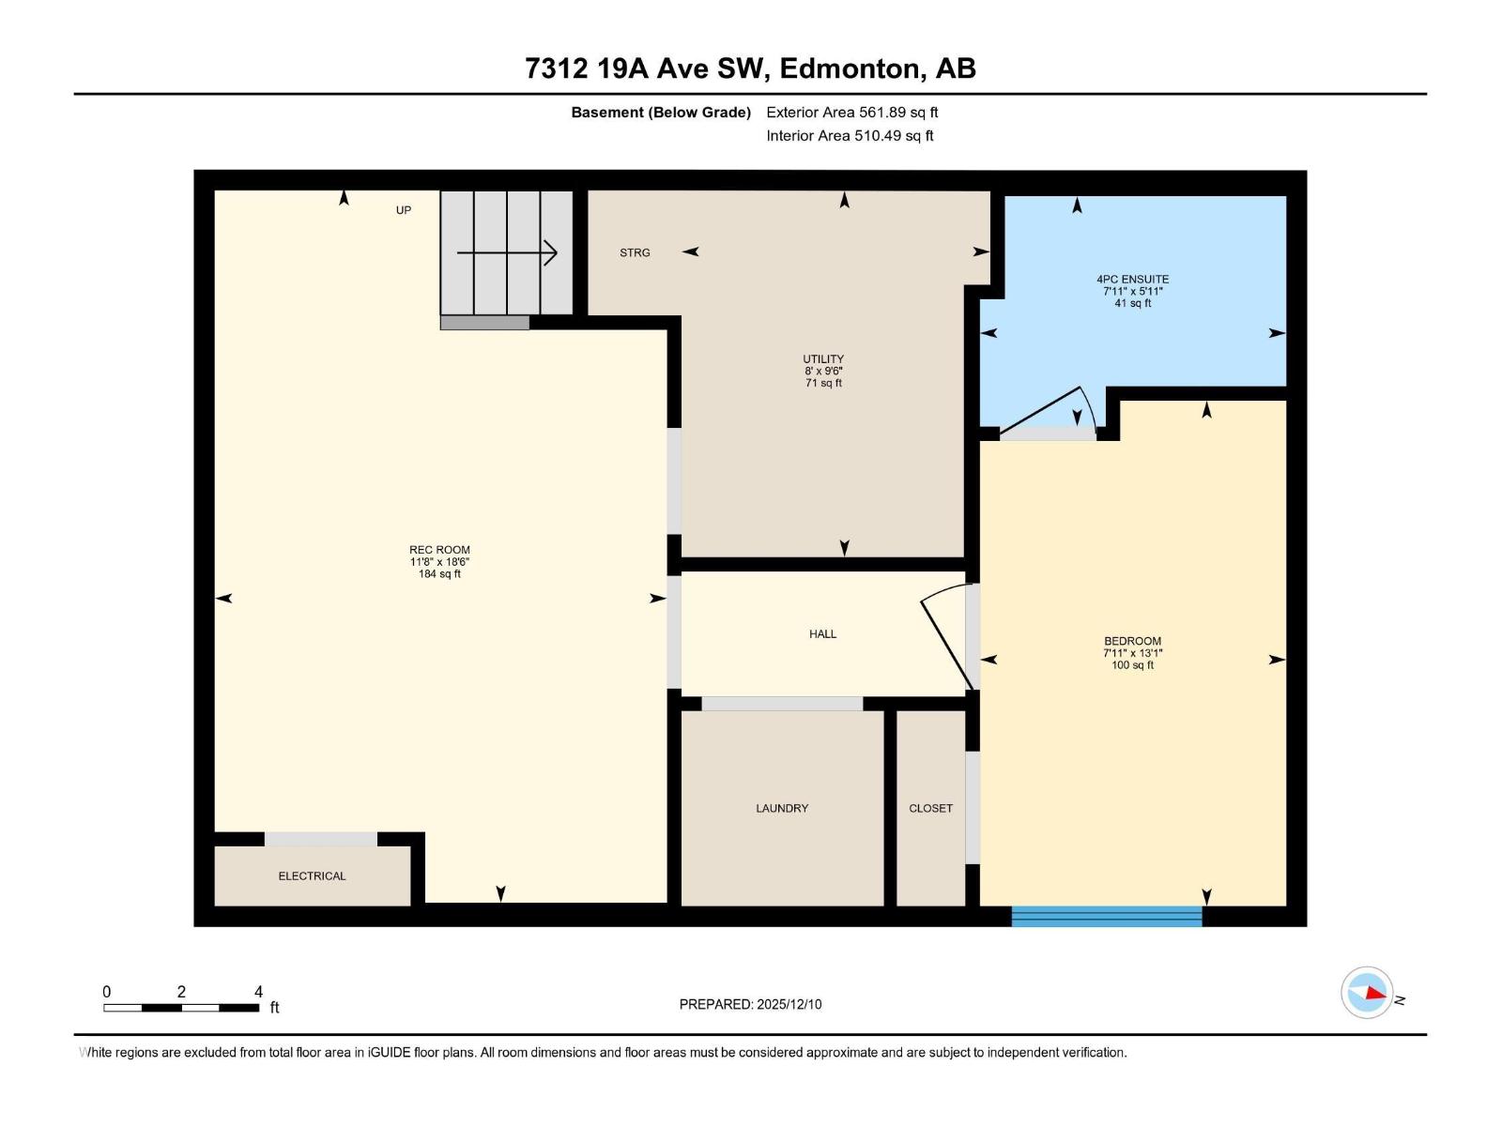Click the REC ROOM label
(x=439, y=550)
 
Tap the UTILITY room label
(x=823, y=358)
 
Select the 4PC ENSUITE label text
(x=1132, y=279)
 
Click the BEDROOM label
(x=1132, y=641)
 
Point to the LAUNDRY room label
(x=781, y=808)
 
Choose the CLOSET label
(x=930, y=808)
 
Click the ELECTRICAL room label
(x=312, y=875)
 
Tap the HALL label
(x=822, y=634)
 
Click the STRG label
(x=635, y=252)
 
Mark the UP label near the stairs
(x=404, y=210)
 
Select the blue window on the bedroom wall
(x=1107, y=916)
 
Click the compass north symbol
(x=1367, y=992)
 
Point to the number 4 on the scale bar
(x=258, y=992)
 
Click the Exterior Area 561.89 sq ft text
(x=851, y=113)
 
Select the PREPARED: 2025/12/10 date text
(x=750, y=1004)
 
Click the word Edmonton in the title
(x=849, y=68)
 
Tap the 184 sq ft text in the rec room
(x=439, y=574)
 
